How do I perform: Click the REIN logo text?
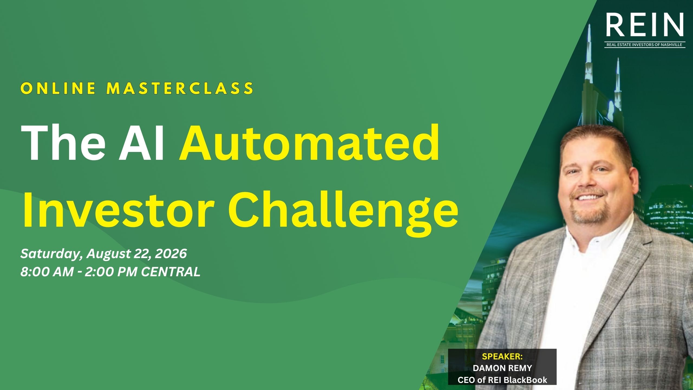(x=645, y=25)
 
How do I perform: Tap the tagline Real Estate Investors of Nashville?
(x=644, y=45)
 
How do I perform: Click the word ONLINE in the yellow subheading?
(x=58, y=88)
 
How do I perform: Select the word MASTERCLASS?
(x=180, y=88)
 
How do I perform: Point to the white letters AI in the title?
(x=142, y=144)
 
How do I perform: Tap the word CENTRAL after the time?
(x=171, y=272)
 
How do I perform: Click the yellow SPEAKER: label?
(x=502, y=356)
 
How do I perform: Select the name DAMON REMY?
(x=502, y=368)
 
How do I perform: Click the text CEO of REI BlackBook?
(x=502, y=380)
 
